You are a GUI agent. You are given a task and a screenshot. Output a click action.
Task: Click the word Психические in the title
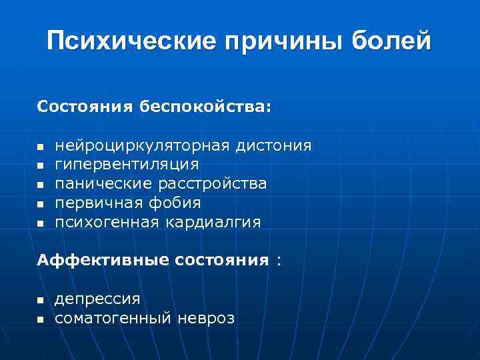point(131,41)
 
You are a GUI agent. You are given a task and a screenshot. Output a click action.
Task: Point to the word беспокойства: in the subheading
point(205,107)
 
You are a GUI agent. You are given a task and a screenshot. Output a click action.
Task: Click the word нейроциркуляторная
point(143,145)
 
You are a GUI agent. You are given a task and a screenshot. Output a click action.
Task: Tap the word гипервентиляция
point(127,164)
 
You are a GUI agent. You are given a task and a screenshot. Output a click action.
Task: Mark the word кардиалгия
point(214,222)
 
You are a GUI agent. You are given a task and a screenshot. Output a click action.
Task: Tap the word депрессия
point(97,299)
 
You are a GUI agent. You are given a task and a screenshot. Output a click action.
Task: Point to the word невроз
point(206,319)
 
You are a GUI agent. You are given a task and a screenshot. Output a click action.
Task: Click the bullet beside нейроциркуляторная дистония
point(40,146)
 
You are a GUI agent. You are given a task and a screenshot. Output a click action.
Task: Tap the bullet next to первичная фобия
point(40,203)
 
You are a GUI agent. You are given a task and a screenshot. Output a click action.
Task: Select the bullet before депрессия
point(40,300)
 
